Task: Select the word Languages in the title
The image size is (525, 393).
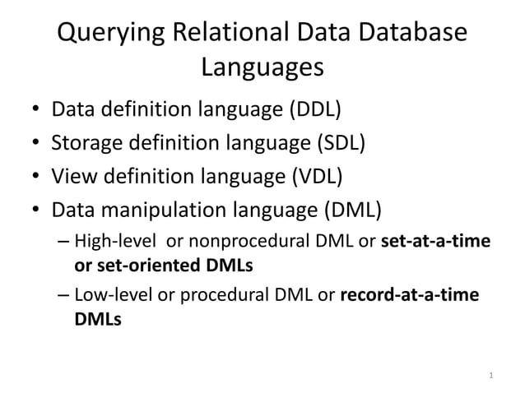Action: [262, 67]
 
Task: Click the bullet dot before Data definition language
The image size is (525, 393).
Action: [36, 111]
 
